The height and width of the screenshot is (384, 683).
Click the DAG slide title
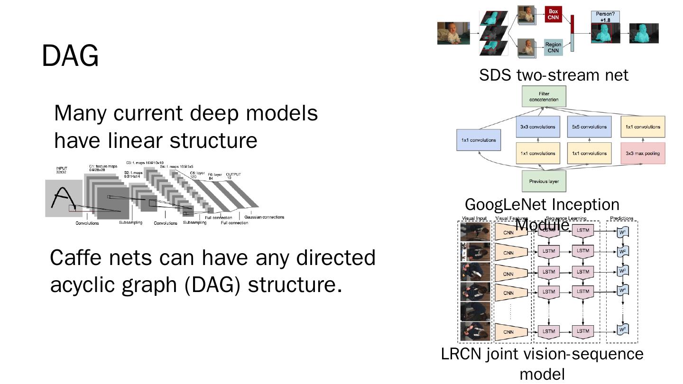(70, 56)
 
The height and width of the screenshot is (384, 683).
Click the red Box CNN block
(553, 14)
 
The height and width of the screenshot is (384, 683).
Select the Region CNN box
(553, 47)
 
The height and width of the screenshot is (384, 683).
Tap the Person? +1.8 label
(605, 17)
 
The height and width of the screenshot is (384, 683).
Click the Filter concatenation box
(544, 96)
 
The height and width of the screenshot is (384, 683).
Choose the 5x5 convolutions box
(589, 127)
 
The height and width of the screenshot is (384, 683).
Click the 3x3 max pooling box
(643, 153)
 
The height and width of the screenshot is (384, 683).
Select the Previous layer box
(544, 181)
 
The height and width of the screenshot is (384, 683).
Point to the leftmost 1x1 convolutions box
(479, 140)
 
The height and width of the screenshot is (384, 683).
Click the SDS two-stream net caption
(554, 75)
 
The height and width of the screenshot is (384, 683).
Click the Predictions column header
(621, 219)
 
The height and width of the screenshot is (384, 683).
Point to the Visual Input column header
(474, 219)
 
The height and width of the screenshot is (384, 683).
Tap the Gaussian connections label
(264, 217)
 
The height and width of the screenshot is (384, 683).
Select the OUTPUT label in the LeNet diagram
(233, 175)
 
